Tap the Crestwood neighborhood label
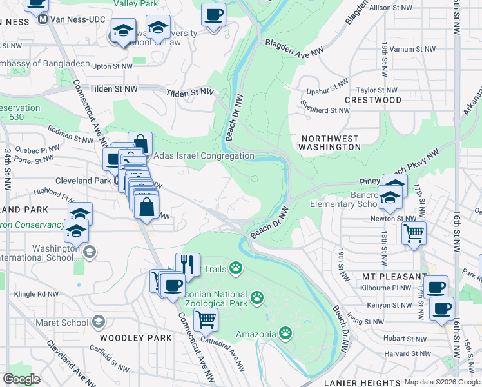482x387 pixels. (x=372, y=100)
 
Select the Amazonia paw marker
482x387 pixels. (x=284, y=333)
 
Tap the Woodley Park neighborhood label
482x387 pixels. (x=136, y=337)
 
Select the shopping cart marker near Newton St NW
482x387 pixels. (x=414, y=232)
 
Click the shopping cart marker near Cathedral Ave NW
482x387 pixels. (x=206, y=318)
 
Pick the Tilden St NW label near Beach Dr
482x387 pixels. (x=189, y=93)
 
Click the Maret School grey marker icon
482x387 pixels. (x=99, y=321)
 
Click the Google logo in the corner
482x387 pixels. (x=21, y=379)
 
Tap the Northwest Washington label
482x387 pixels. (x=331, y=143)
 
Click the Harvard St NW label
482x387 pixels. (x=407, y=353)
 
